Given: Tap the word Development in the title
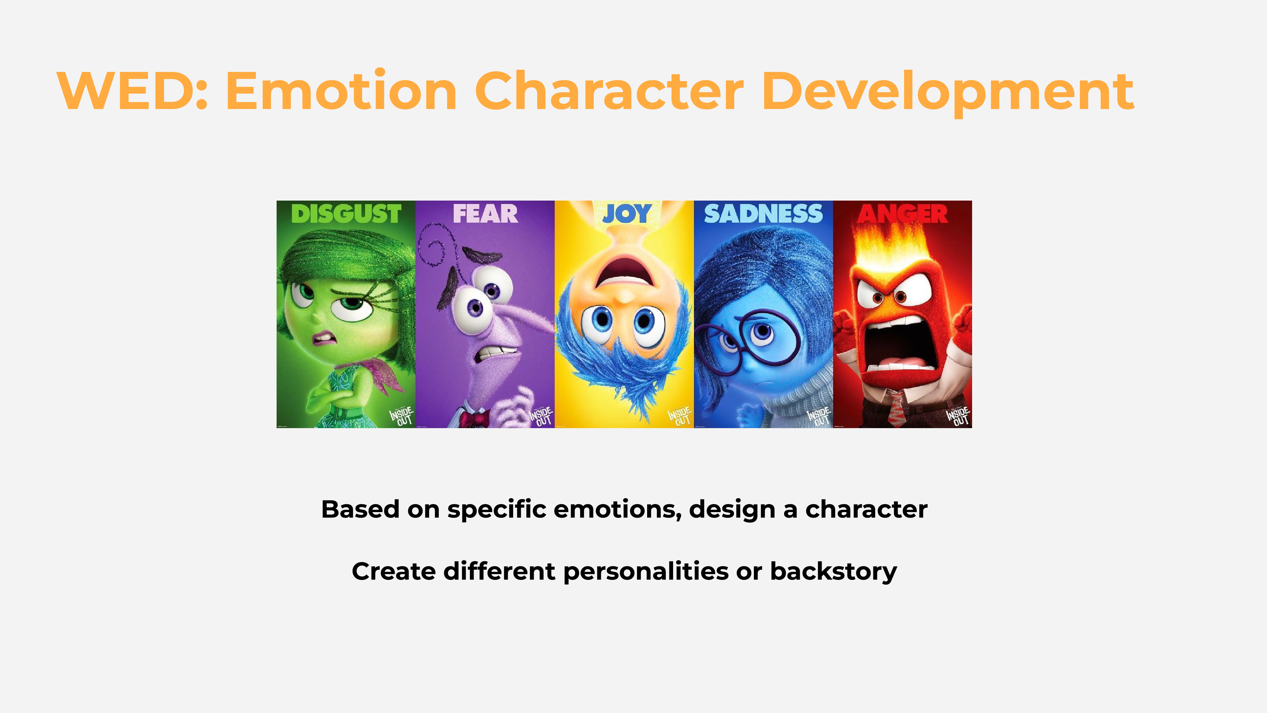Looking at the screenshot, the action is (x=948, y=93).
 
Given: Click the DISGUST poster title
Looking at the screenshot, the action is (x=346, y=214).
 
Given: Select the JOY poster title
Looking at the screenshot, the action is (x=626, y=214).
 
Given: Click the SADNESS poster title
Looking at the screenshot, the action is (x=763, y=214).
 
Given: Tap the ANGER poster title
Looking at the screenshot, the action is (x=902, y=214).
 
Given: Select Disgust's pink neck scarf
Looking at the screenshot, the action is (x=374, y=374).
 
